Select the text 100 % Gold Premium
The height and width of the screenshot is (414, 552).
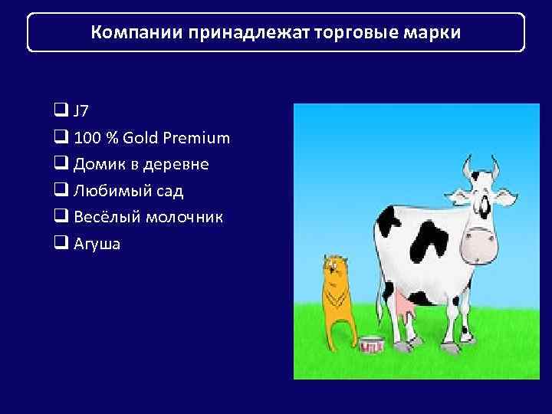(x=151, y=138)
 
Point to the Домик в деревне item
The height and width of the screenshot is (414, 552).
(x=141, y=164)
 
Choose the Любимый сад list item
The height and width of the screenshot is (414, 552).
(x=128, y=191)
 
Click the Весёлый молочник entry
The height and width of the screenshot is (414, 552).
(x=149, y=217)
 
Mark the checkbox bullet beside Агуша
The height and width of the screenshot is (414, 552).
(x=61, y=244)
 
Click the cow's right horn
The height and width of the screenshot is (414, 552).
(x=495, y=165)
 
